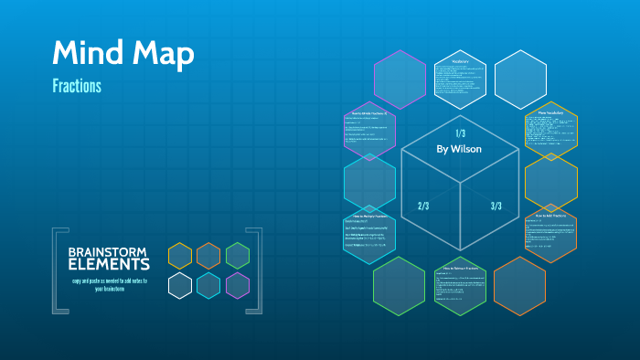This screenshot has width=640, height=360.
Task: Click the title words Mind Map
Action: tap(123, 54)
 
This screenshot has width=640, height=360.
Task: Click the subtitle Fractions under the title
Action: tap(77, 87)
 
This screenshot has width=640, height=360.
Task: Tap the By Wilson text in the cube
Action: tap(459, 148)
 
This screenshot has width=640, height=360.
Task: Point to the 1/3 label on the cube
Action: tap(460, 133)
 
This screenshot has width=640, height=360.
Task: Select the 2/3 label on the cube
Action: tap(423, 206)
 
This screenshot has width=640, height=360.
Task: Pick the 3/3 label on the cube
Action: tap(496, 206)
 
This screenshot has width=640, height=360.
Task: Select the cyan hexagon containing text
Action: tap(369, 234)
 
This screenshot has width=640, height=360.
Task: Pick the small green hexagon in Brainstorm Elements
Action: tap(238, 256)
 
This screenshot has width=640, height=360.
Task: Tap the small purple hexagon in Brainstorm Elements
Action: tap(238, 285)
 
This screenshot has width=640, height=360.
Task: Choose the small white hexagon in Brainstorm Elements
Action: tap(180, 285)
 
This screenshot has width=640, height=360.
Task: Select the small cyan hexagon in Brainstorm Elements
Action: tap(208, 285)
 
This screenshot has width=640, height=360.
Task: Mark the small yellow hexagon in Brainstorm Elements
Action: tap(180, 256)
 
